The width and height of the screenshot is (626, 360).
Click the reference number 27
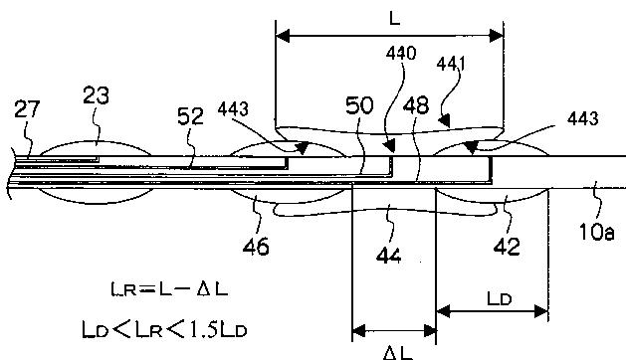(27, 109)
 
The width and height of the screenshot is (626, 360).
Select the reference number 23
(96, 95)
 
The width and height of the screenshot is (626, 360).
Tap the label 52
(190, 116)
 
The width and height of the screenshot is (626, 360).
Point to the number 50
(359, 105)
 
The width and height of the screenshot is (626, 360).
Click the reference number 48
(416, 105)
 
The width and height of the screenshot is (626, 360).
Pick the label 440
(401, 53)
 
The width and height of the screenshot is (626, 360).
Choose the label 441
(451, 64)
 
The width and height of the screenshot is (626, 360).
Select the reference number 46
(256, 247)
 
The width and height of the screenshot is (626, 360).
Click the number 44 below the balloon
(388, 255)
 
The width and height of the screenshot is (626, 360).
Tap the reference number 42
(507, 247)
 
